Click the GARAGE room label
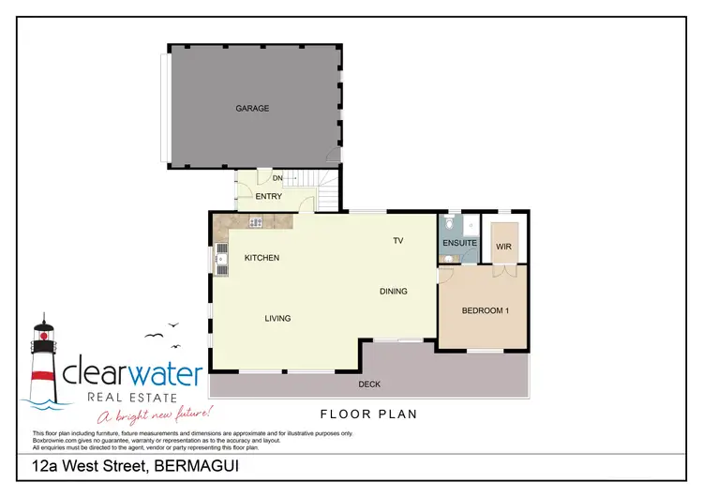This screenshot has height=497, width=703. (252, 109)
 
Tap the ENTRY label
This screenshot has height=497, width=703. (268, 196)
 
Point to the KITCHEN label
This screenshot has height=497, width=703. (262, 258)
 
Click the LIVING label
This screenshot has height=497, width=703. (277, 319)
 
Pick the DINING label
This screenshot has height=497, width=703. (394, 292)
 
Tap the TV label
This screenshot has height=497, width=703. (397, 241)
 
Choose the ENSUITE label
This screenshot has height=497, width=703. (459, 244)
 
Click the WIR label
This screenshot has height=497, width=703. (502, 247)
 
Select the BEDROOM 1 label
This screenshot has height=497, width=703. (486, 311)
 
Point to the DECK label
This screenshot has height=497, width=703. (369, 384)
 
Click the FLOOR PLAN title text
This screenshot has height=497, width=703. (367, 414)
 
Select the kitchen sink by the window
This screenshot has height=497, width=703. (221, 259)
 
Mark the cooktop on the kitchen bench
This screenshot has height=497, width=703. (254, 222)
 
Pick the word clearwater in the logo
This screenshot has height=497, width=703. (132, 374)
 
